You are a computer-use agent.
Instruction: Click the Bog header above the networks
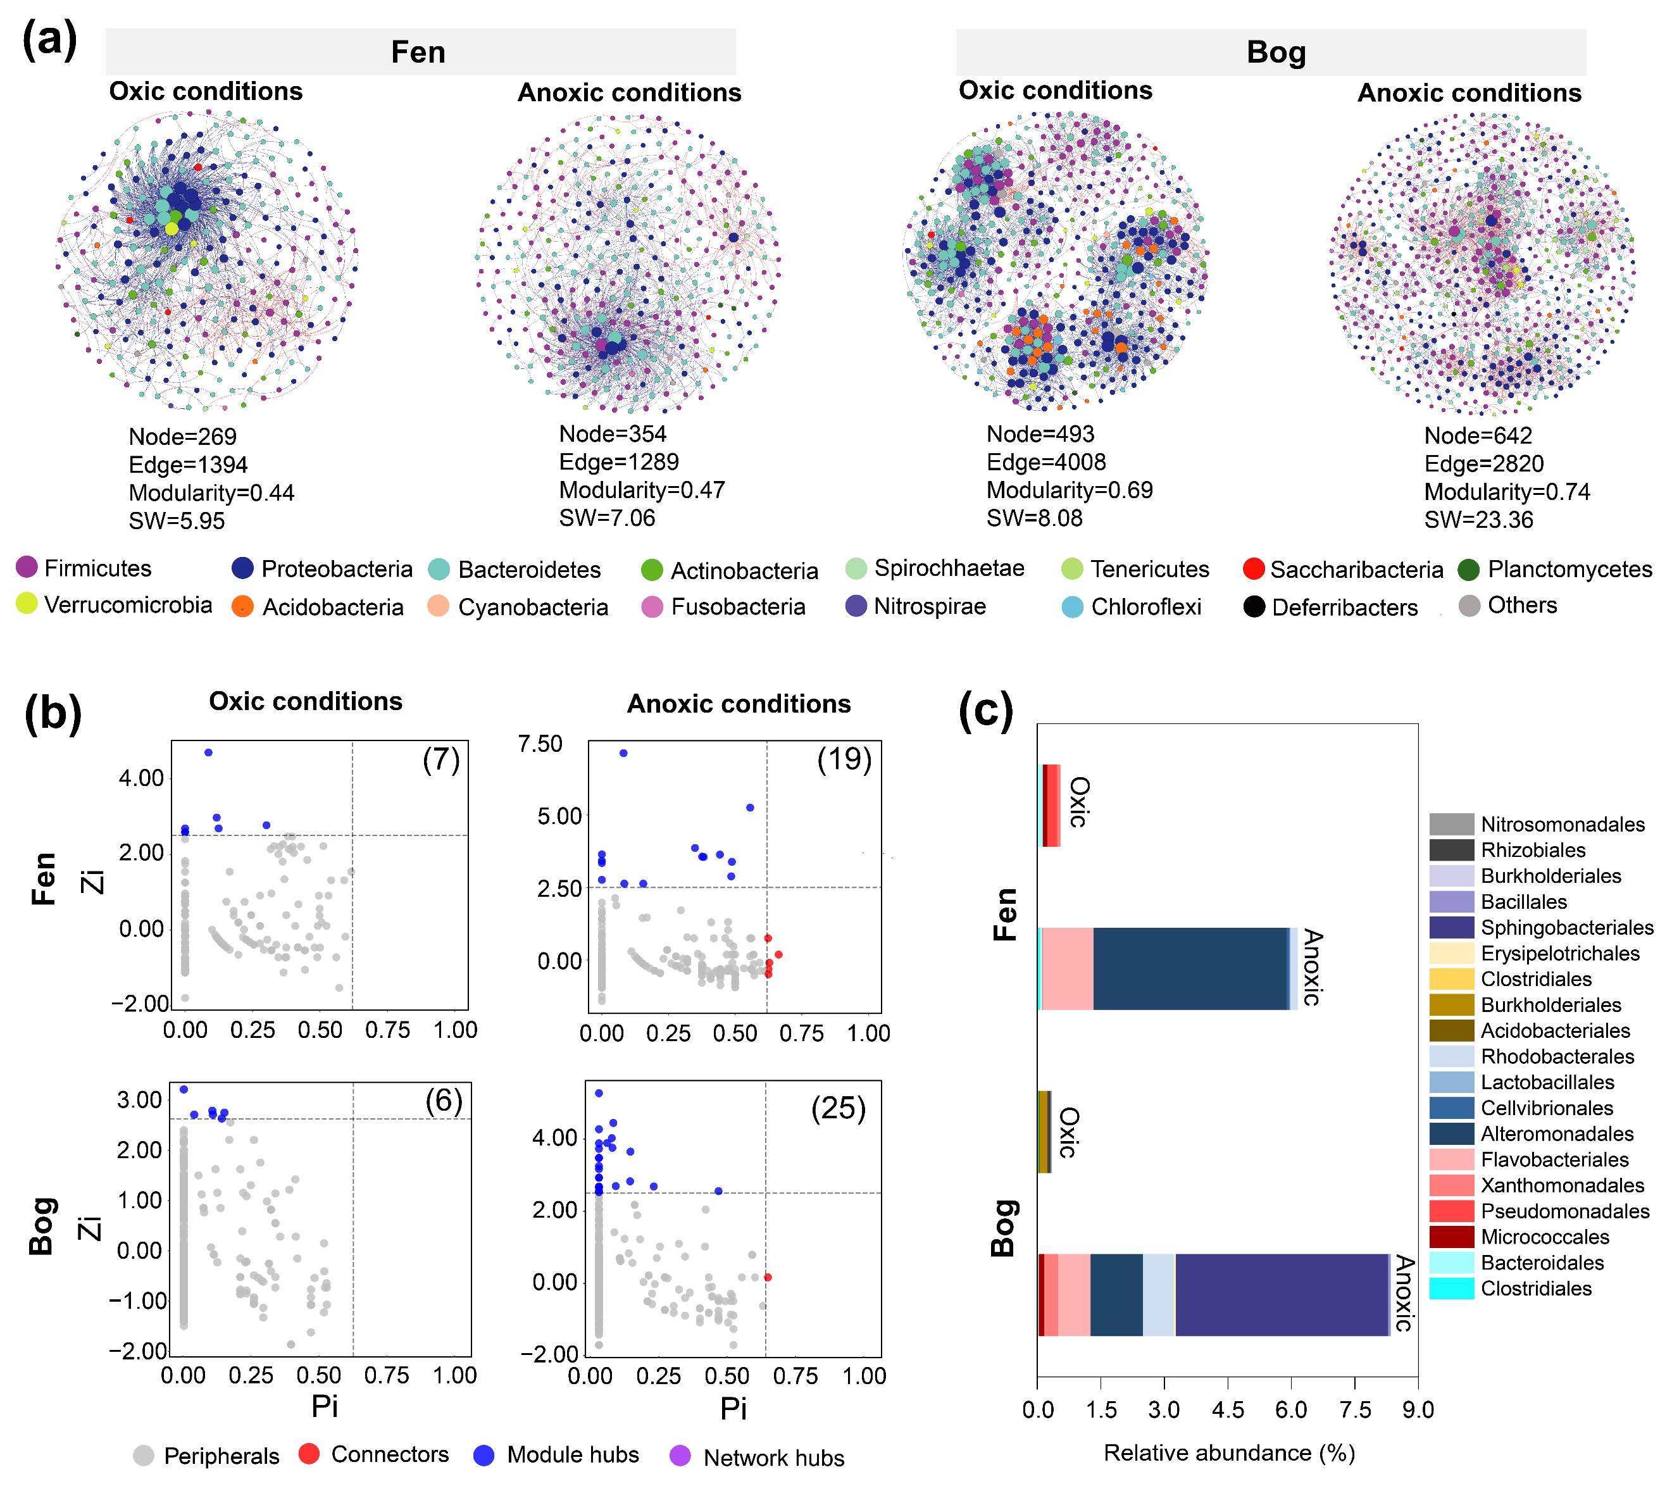pos(1275,53)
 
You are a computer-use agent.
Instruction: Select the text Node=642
pos(1477,436)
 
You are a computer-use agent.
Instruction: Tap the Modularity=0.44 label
pos(211,493)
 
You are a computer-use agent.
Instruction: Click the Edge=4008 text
pos(1045,462)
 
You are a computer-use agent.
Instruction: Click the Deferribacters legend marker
pos(1254,607)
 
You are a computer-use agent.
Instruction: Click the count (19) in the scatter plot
pos(844,759)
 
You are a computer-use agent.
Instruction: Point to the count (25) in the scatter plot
pos(839,1108)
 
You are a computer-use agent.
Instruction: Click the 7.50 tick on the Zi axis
pos(540,744)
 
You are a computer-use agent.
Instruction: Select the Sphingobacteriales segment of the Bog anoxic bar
pos(1281,1295)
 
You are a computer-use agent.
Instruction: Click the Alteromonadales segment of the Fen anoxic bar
pos(1190,968)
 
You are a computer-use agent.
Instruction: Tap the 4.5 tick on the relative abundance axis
pos(1227,1410)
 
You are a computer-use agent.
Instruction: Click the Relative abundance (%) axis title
pos(1228,1452)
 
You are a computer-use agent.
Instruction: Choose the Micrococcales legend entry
pos(1544,1237)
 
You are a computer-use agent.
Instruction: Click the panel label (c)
pos(986,710)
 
